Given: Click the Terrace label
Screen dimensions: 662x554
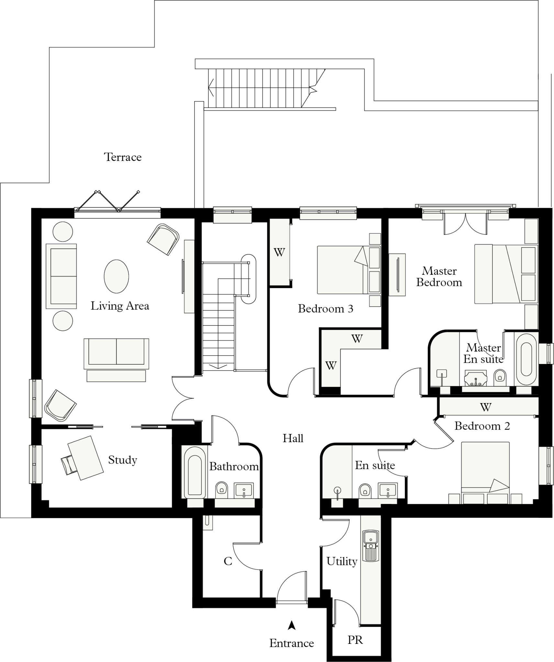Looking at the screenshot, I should point(123,157).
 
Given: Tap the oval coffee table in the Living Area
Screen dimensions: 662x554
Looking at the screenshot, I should point(116,276).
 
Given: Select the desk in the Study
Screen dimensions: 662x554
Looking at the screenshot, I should point(86,458).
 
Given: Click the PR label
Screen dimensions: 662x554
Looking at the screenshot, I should point(355,640).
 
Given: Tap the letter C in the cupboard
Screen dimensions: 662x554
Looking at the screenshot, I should point(228,561).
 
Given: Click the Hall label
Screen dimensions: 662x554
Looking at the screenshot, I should point(293,438).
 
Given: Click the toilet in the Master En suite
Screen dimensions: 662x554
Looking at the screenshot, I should point(500,377).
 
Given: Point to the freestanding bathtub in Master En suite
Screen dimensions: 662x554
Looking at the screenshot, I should point(526,359).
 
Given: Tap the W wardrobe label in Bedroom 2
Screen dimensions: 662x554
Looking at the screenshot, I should point(485,407).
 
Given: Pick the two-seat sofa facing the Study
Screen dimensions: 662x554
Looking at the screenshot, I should point(116,354).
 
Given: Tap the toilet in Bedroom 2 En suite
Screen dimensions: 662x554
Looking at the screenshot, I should point(365,490).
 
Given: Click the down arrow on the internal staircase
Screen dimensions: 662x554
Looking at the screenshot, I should point(218,366).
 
